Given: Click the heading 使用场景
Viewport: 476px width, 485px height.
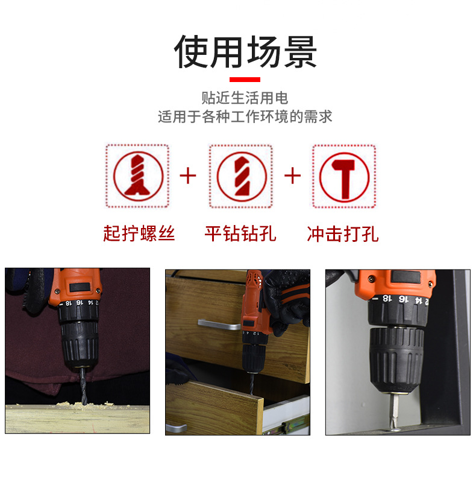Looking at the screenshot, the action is (x=245, y=52).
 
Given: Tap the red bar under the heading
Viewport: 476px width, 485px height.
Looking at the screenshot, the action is (x=245, y=80).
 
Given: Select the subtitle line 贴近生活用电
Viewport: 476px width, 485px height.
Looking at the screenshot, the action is (x=245, y=98).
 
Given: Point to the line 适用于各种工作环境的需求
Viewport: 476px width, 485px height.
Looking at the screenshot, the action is (x=245, y=116).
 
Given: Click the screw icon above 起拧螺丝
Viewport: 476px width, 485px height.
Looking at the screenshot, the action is (x=138, y=176).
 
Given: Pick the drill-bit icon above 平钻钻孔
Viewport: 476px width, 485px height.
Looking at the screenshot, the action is (x=242, y=176).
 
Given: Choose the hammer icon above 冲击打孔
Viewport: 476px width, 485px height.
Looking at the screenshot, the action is (x=344, y=177).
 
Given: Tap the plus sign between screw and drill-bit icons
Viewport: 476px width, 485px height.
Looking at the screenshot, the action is (x=188, y=176).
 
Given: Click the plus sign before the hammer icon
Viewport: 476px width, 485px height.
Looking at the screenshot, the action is (x=292, y=176).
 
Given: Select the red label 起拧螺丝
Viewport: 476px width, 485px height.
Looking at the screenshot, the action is (x=139, y=233).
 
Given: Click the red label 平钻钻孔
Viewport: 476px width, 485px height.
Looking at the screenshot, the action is (x=240, y=233).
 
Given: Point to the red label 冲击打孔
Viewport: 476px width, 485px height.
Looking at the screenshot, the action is (x=343, y=234).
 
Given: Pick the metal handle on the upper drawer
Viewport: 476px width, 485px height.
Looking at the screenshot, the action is (x=219, y=324).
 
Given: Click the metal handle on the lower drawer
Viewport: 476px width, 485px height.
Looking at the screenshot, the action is (x=176, y=428).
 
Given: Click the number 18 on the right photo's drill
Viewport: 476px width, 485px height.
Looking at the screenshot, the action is (x=387, y=298).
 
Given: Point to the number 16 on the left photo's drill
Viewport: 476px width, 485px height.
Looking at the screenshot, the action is (x=80, y=302).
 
